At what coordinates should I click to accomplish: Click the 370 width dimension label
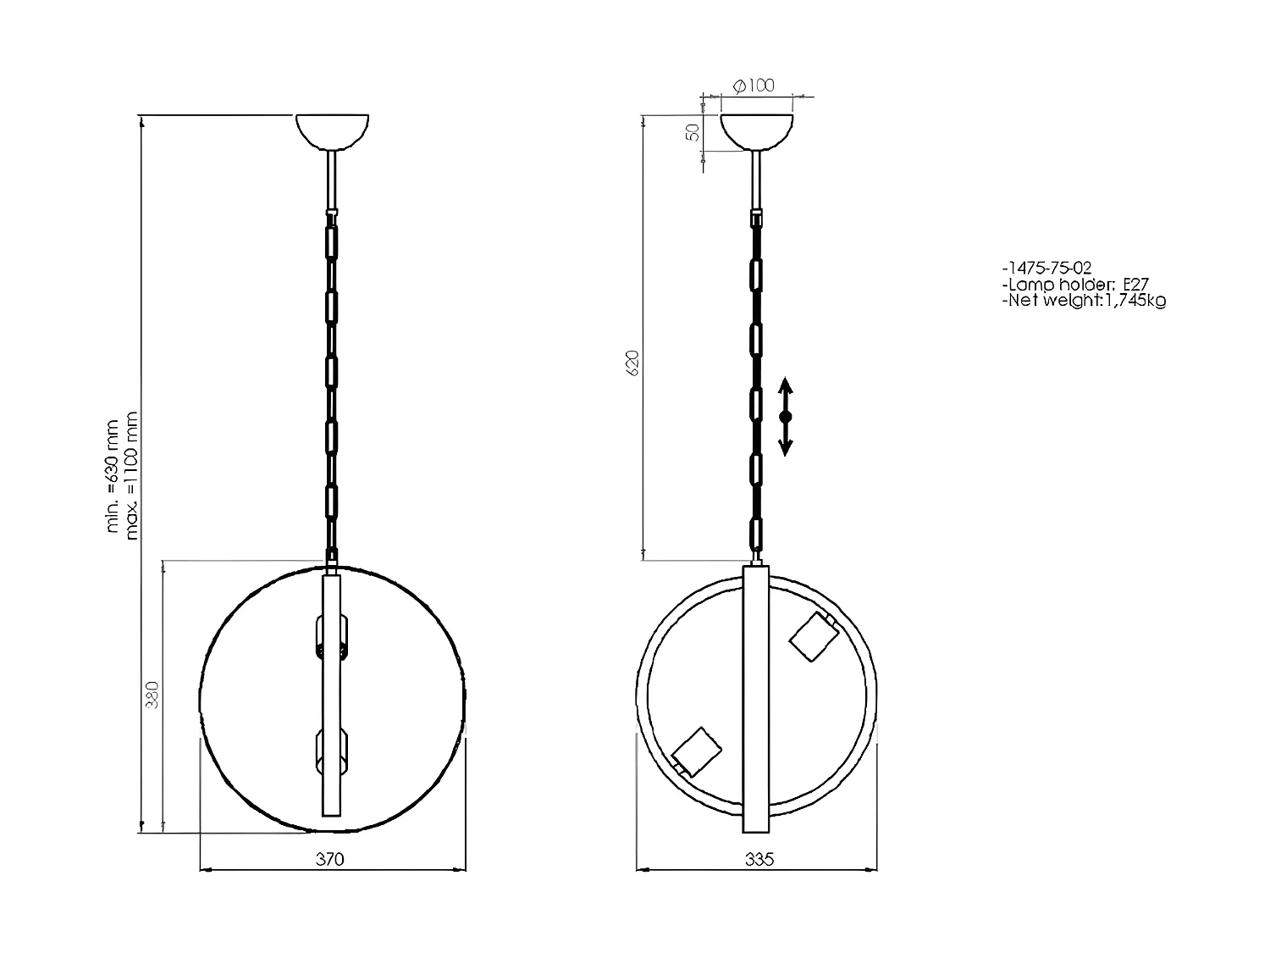pyautogui.click(x=330, y=859)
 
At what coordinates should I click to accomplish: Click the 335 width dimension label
pyautogui.click(x=759, y=859)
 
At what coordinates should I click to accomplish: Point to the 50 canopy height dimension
pyautogui.click(x=693, y=132)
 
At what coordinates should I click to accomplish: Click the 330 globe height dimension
pyautogui.click(x=153, y=696)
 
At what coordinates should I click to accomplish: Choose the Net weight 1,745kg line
pyautogui.click(x=1083, y=300)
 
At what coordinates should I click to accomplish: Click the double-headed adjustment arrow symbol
pyautogui.click(x=785, y=417)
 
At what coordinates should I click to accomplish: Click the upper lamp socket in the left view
pyautogui.click(x=331, y=637)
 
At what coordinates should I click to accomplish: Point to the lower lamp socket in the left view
pyautogui.click(x=331, y=751)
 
